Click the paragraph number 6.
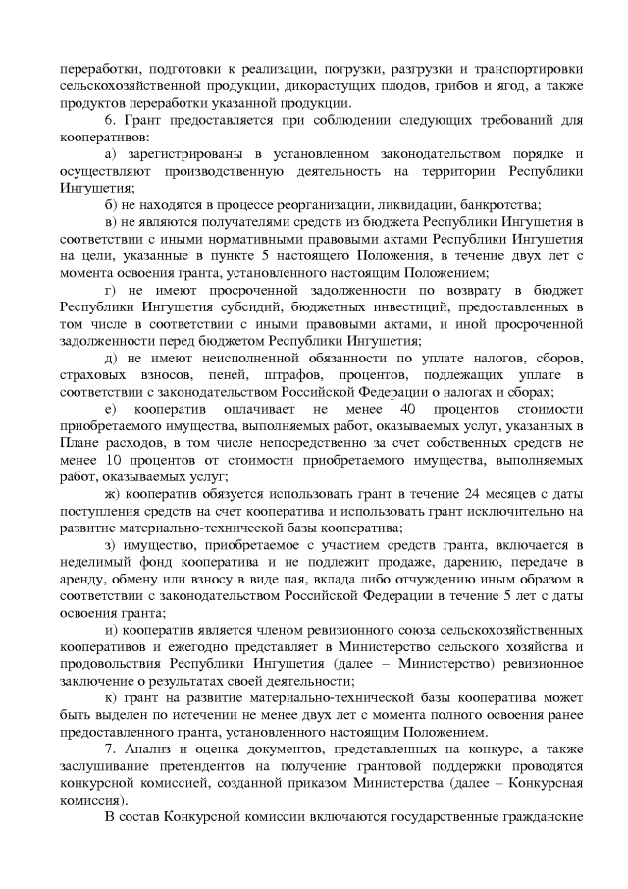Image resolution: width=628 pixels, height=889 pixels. pyautogui.click(x=107, y=121)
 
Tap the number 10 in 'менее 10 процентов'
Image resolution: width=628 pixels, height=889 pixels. pyautogui.click(x=94, y=458)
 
